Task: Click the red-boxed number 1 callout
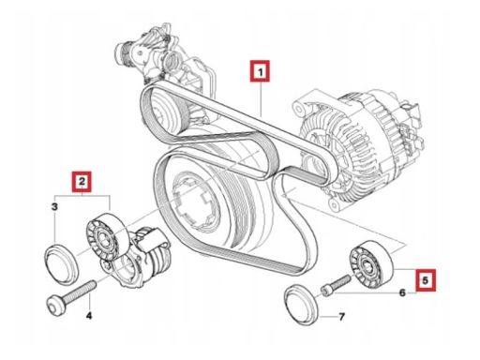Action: coord(260,71)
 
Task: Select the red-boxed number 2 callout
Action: coord(82,182)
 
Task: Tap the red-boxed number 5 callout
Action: coord(425,280)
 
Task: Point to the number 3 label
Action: coord(54,206)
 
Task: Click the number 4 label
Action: coord(89,316)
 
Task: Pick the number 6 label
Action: coord(402,292)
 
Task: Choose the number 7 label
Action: coord(342,317)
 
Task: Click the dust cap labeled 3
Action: coord(61,264)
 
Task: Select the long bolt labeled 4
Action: coord(71,295)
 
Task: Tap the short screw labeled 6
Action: coord(336,284)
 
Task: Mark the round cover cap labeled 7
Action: coord(302,305)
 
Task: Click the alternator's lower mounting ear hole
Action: coord(336,204)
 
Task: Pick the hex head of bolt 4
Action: coord(55,306)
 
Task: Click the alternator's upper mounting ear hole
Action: coord(299,110)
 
